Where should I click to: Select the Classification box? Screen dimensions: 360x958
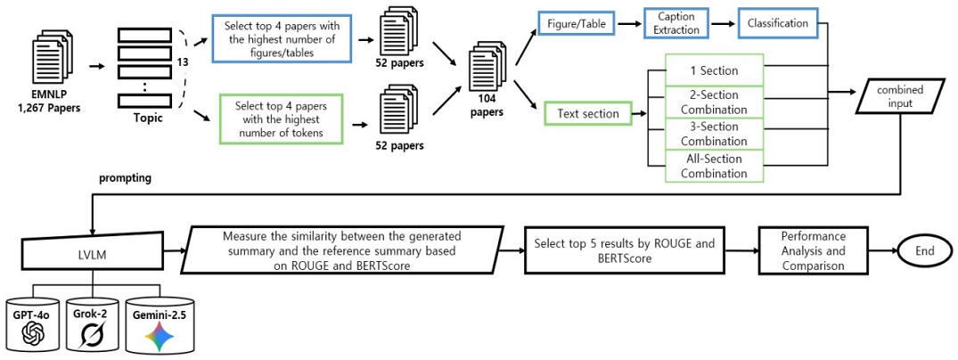[x=778, y=23]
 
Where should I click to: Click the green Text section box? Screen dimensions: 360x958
[x=588, y=113]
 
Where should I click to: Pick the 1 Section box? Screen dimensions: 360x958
[x=713, y=70]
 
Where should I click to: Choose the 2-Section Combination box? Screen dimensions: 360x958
[x=713, y=101]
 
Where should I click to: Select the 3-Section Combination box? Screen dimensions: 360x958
[x=713, y=134]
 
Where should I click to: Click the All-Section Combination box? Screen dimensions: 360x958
[x=713, y=166]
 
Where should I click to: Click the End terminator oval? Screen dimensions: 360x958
[x=923, y=252]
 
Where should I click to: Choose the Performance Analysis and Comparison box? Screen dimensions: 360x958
[x=812, y=252]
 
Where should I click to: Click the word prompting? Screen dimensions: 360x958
[x=126, y=178]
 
